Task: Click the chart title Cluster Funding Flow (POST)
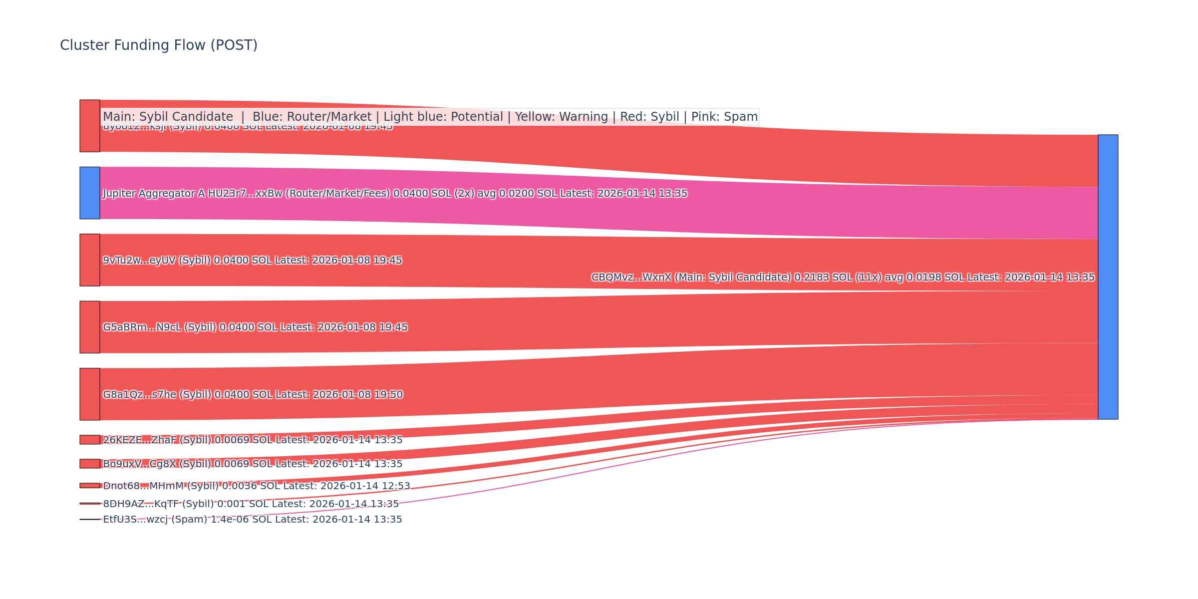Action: [x=159, y=45]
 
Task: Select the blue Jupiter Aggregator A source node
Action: [x=90, y=193]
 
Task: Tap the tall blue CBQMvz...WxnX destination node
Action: [x=1108, y=277]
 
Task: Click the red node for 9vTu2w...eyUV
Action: [x=90, y=260]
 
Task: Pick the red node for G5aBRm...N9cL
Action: [x=90, y=327]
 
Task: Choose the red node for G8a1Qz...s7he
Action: [x=90, y=394]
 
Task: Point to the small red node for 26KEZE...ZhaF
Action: [x=90, y=440]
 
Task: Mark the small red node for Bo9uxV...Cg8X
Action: [x=90, y=464]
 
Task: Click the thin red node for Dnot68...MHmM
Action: [x=90, y=486]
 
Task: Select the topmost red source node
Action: [x=90, y=126]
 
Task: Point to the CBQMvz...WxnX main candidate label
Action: [x=843, y=278]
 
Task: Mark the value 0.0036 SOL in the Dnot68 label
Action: [x=240, y=486]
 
